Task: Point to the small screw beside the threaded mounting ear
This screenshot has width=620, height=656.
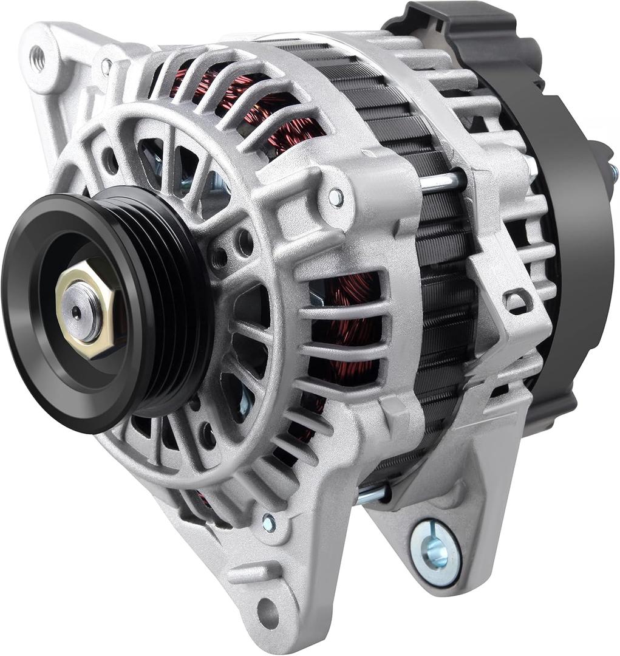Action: coord(106,66)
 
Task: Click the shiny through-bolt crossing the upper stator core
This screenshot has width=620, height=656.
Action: coord(443,181)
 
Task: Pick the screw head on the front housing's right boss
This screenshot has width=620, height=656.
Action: coord(335,196)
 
